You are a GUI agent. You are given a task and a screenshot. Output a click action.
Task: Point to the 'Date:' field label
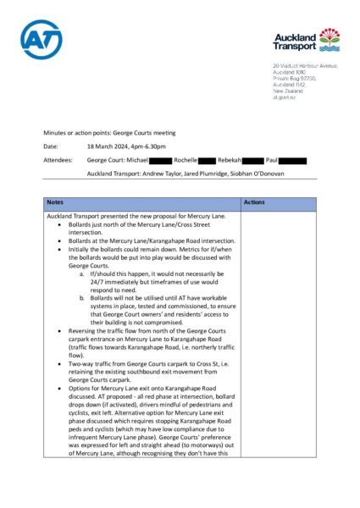coord(52,146)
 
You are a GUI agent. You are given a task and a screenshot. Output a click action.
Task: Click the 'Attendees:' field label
coord(58,159)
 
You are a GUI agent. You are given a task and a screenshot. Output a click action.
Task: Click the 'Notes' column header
coord(56,203)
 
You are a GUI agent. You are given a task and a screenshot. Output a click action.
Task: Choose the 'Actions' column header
coord(254,203)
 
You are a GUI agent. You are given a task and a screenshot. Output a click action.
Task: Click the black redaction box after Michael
coord(161,159)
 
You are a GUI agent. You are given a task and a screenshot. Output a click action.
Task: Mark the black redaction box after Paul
coord(292,159)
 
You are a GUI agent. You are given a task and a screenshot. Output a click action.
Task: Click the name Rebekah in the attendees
coord(230,159)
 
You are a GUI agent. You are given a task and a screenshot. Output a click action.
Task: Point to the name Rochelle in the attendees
coord(186,159)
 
